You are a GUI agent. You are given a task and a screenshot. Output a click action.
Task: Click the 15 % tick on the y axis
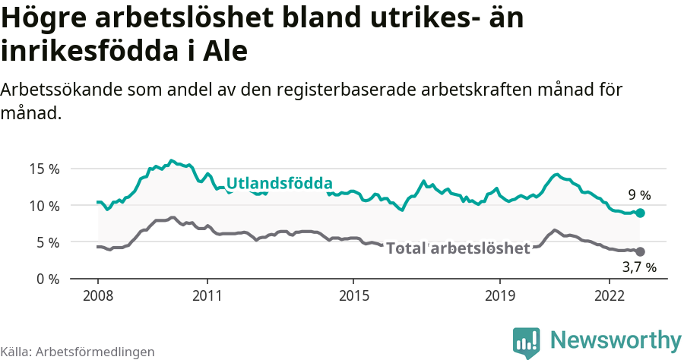coord(44,169)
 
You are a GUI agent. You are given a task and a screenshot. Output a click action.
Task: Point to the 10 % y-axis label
coord(44,206)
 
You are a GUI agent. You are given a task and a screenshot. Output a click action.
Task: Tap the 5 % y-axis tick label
coord(47,242)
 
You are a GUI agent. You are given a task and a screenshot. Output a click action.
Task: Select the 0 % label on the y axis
coord(47,279)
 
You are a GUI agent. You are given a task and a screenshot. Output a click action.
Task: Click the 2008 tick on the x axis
coord(98,295)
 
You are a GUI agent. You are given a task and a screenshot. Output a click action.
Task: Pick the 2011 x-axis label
coord(207,295)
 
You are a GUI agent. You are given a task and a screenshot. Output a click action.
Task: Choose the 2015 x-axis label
coord(353,295)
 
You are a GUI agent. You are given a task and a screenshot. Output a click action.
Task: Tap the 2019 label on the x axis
coord(500,295)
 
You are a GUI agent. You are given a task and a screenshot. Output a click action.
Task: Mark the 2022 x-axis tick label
coord(610,295)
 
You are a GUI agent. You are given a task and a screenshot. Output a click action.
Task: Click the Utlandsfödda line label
coord(280,184)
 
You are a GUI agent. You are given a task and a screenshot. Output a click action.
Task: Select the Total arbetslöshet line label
coord(458,248)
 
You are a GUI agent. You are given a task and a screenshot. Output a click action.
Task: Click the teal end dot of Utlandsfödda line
coord(641,213)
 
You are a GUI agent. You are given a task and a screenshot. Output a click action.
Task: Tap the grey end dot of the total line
coord(641,251)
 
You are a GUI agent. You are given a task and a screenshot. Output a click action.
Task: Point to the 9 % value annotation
coord(638,195)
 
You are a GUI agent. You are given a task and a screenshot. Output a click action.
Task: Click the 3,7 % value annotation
coord(638,267)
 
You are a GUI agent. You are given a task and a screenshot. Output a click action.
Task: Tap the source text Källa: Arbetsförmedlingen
coord(78,352)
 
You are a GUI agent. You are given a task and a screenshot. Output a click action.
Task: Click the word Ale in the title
coord(226,51)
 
